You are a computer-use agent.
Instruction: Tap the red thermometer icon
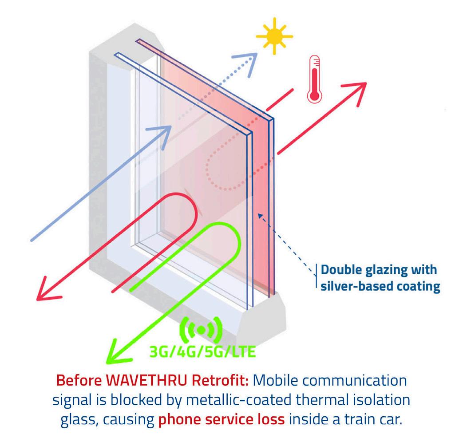pyautogui.click(x=314, y=79)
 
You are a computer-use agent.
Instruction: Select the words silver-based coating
pyautogui.click(x=380, y=286)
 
